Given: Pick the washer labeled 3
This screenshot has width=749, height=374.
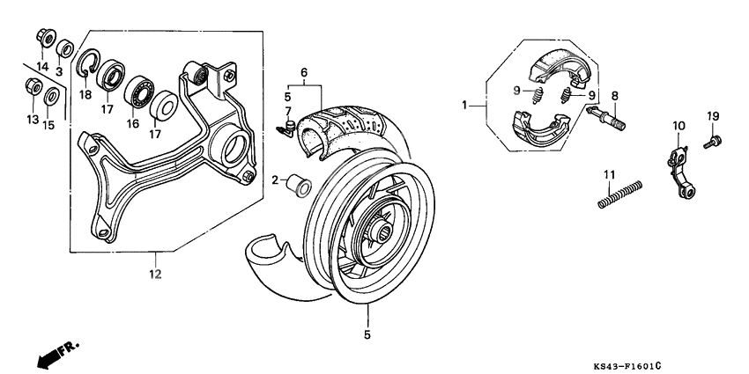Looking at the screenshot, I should pos(64,47).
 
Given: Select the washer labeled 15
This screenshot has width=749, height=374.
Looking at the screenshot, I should pos(52,95).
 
